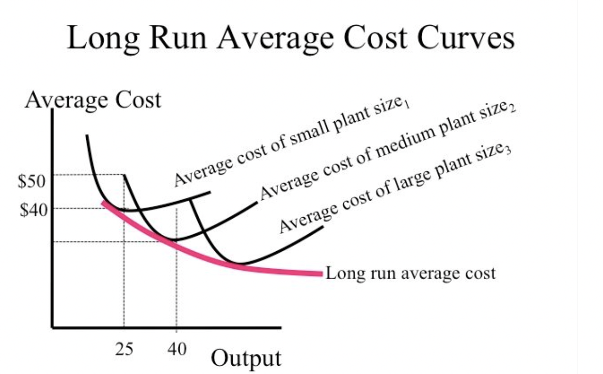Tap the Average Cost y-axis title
pos(93,100)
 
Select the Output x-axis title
pos(246,358)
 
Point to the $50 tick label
pos(32,181)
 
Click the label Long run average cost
pos(410,273)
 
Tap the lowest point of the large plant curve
pos(240,263)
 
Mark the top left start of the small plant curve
pos(87,136)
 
